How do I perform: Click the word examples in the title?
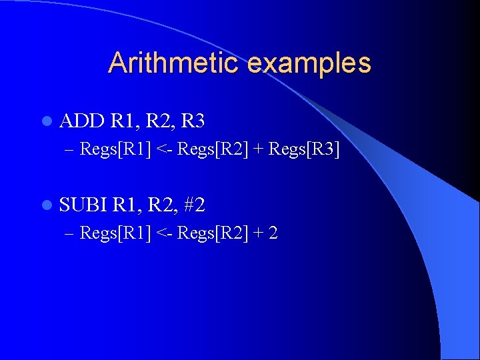click(x=309, y=63)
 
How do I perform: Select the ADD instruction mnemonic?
click(x=82, y=121)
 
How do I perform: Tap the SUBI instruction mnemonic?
click(x=83, y=205)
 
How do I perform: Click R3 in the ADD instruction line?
click(x=193, y=121)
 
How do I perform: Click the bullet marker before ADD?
click(x=46, y=121)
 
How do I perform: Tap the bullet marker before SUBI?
click(x=46, y=205)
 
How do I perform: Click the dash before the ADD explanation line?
click(x=71, y=149)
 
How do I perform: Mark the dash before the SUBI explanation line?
click(x=71, y=233)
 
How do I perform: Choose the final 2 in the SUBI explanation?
click(x=273, y=233)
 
